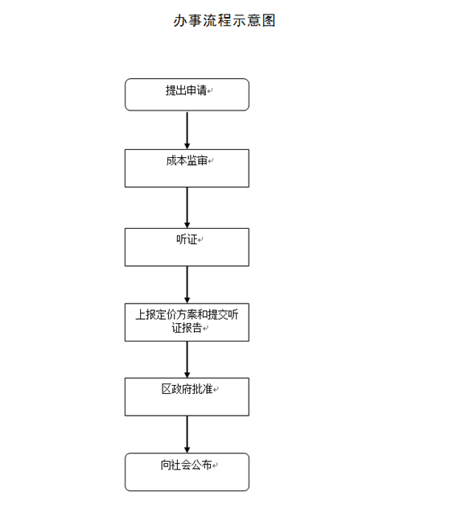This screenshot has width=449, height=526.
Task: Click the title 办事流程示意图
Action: pyautogui.click(x=224, y=21)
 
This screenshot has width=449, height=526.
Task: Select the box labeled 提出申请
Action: pyautogui.click(x=187, y=94)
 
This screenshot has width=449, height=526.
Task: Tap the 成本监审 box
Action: pyautogui.click(x=187, y=168)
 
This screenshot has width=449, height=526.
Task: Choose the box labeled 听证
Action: pyautogui.click(x=187, y=247)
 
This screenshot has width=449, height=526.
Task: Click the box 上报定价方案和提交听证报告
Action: pyautogui.click(x=187, y=322)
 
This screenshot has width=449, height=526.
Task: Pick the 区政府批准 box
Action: pyautogui.click(x=187, y=397)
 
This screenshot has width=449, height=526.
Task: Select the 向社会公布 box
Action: pyautogui.click(x=187, y=472)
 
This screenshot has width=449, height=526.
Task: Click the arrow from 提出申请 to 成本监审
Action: pyautogui.click(x=187, y=130)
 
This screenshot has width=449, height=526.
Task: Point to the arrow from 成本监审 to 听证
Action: pyautogui.click(x=187, y=208)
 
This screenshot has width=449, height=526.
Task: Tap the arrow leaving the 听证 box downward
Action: pyautogui.click(x=187, y=285)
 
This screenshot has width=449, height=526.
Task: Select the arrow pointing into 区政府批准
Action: pyautogui.click(x=187, y=359)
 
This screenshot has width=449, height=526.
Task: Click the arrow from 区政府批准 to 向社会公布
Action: pyautogui.click(x=187, y=434)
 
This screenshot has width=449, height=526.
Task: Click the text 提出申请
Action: pyautogui.click(x=187, y=90)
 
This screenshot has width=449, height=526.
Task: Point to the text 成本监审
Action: pyautogui.click(x=187, y=160)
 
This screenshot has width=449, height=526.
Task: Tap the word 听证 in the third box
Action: pyautogui.click(x=187, y=239)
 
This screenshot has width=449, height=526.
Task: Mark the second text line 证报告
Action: pyautogui.click(x=187, y=328)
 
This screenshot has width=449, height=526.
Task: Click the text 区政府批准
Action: pyautogui.click(x=187, y=389)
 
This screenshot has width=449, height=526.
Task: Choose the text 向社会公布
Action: pyautogui.click(x=187, y=465)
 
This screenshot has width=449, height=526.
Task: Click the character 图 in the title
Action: pyautogui.click(x=269, y=21)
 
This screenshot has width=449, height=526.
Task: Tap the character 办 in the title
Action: pyautogui.click(x=180, y=21)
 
